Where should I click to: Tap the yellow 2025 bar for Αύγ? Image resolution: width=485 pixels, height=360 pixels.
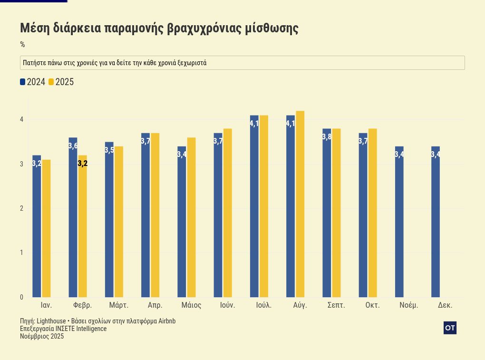(300, 204)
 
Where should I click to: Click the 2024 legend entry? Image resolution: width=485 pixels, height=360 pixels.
(33, 82)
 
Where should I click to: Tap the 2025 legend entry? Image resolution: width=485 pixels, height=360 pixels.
(61, 82)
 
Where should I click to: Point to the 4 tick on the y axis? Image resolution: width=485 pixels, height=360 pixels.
(21, 119)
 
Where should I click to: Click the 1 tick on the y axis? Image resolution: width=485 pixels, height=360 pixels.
(21, 253)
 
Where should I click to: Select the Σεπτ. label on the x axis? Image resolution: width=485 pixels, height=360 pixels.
(336, 305)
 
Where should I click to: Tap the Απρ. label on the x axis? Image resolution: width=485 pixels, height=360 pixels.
(155, 305)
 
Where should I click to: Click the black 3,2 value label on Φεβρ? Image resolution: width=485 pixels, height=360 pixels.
(82, 164)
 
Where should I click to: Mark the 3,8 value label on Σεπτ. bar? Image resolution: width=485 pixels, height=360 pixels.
(327, 137)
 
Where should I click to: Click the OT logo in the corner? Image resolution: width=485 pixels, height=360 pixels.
(450, 328)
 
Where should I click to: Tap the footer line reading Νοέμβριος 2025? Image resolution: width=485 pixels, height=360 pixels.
(42, 336)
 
